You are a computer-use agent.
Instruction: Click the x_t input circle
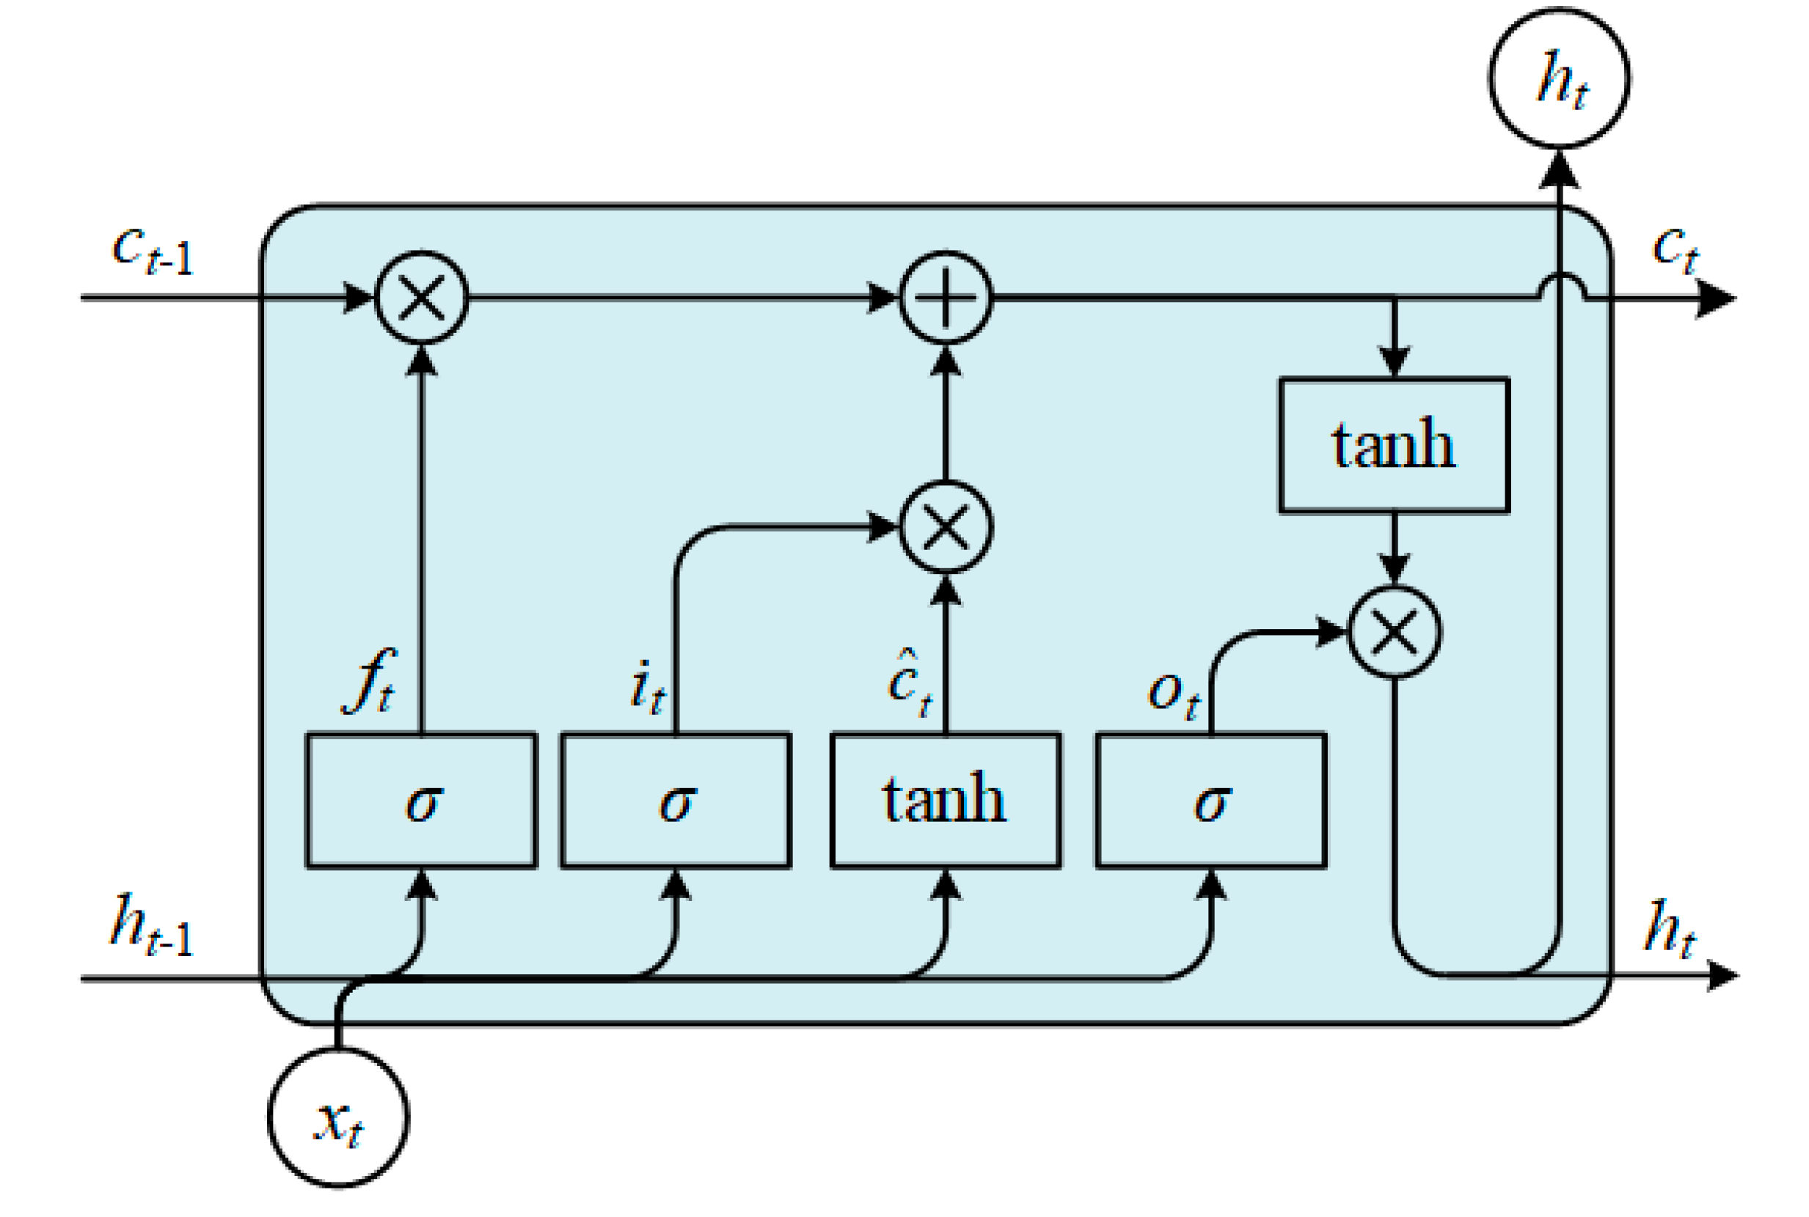[x=337, y=1117]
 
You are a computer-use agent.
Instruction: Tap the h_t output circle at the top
[x=1559, y=78]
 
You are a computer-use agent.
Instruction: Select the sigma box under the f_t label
[x=422, y=800]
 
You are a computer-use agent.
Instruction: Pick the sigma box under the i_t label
[x=676, y=800]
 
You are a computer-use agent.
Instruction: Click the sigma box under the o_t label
[x=1211, y=800]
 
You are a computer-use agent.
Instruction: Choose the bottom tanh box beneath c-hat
[x=945, y=800]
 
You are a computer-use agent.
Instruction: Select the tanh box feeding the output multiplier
[x=1394, y=445]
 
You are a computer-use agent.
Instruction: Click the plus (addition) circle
[x=946, y=297]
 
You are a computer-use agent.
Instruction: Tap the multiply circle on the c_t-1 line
[x=422, y=297]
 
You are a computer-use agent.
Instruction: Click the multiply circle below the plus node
[x=946, y=527]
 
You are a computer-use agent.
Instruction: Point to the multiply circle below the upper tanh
[x=1395, y=633]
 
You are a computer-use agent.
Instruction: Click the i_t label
[x=647, y=688]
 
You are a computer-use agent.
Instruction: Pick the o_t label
[x=1173, y=693]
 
